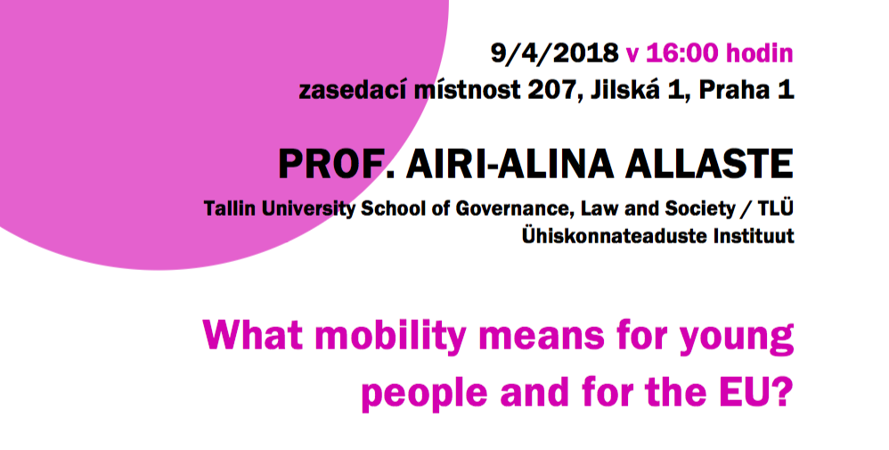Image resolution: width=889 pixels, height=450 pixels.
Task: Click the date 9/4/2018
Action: (554, 53)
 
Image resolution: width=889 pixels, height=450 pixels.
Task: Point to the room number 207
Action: (552, 91)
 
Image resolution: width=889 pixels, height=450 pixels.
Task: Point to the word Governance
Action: (509, 209)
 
